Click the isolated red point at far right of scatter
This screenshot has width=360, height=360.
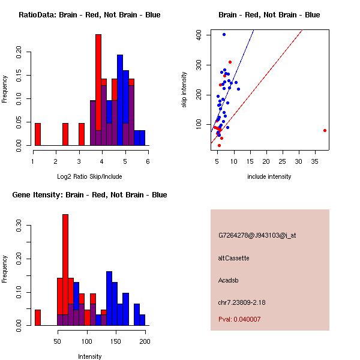pyautogui.click(x=325, y=130)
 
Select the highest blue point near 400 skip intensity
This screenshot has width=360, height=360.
pyautogui.click(x=224, y=34)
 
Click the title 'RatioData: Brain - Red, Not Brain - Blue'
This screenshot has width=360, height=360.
pyautogui.click(x=89, y=15)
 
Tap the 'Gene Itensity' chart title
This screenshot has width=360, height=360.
pyautogui.click(x=89, y=195)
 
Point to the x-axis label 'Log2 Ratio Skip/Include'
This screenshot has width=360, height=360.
pyautogui.click(x=89, y=176)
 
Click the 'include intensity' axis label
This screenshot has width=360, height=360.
pyautogui.click(x=269, y=176)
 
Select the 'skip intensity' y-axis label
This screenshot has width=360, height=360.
pyautogui.click(x=185, y=90)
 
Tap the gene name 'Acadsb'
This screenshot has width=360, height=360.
pyautogui.click(x=228, y=280)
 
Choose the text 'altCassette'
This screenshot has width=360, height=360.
pyautogui.click(x=233, y=258)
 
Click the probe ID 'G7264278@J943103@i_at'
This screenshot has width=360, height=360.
pyautogui.click(x=257, y=235)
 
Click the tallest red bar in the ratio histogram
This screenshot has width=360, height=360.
pyautogui.click(x=98, y=90)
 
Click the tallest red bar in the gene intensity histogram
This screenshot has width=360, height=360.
pyautogui.click(x=65, y=270)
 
